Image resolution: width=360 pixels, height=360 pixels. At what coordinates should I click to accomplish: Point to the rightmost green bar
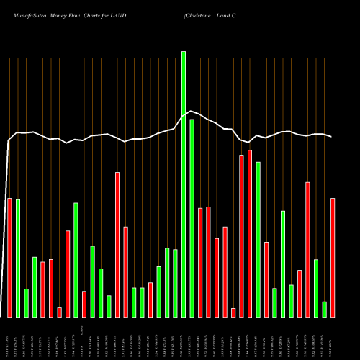click(324, 309)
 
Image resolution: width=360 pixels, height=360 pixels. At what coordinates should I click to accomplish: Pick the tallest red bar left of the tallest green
click(117, 244)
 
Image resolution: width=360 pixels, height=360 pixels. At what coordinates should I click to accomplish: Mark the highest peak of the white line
click(191, 111)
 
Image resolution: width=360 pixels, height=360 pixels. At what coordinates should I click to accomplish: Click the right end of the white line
click(332, 136)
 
